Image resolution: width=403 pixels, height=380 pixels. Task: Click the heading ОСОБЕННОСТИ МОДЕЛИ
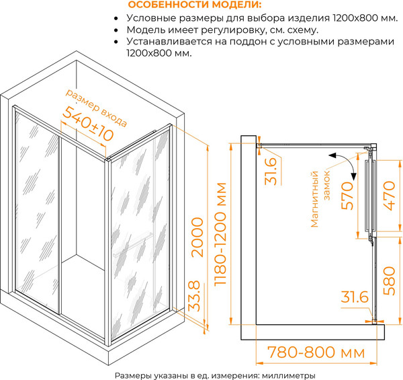click(195, 5)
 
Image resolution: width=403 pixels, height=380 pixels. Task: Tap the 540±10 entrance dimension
click(88, 124)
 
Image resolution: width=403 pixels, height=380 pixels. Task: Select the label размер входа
click(96, 108)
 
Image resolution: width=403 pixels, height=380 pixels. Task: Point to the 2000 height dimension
click(197, 237)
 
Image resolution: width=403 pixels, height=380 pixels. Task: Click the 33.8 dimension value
click(194, 296)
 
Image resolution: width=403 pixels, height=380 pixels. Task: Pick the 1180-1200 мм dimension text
click(220, 233)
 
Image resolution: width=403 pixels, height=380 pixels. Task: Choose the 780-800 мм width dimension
click(316, 352)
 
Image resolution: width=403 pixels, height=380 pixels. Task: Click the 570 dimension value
click(347, 196)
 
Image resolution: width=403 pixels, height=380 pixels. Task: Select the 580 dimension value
click(389, 281)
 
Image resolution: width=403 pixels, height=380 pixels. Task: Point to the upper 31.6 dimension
click(271, 171)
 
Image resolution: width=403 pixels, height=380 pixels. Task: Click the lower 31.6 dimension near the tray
click(355, 297)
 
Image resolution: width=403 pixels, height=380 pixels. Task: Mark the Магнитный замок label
click(320, 199)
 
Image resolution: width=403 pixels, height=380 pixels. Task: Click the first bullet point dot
click(116, 19)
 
